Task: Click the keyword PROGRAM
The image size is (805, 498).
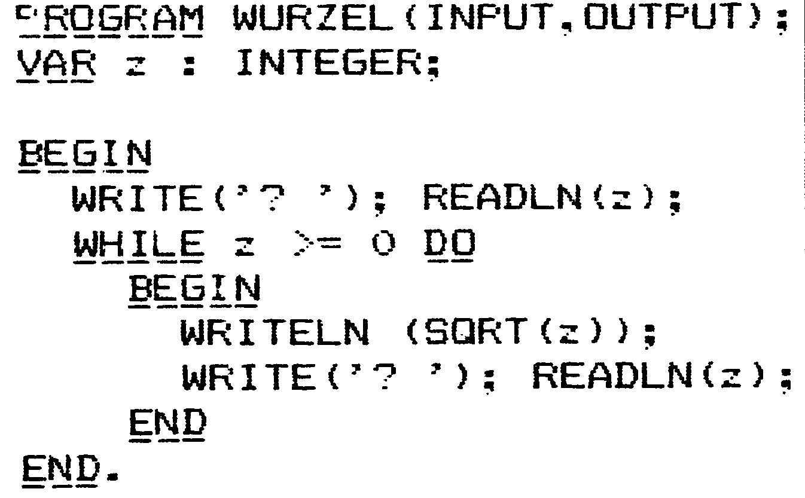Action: point(110,19)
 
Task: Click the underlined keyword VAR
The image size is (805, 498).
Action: point(56,65)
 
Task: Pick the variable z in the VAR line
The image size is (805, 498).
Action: point(136,66)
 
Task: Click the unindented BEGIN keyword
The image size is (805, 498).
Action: point(85,155)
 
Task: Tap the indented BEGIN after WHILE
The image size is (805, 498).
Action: point(194,291)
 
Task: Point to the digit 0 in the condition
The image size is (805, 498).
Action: point(383,243)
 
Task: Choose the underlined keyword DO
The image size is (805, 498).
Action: point(449,246)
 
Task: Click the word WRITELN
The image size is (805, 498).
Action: point(275,332)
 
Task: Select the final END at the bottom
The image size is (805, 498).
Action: point(61,470)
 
